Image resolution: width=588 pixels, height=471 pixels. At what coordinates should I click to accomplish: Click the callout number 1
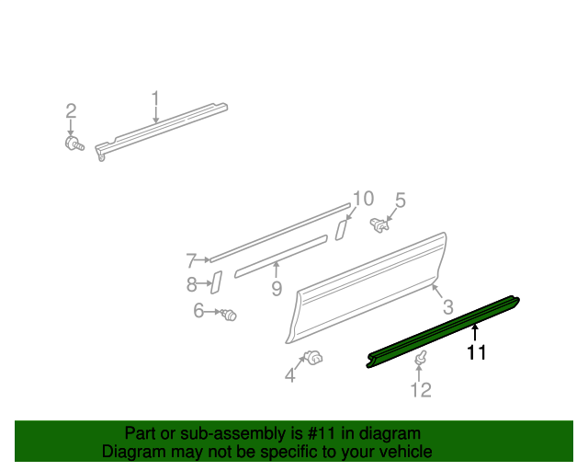[155, 98]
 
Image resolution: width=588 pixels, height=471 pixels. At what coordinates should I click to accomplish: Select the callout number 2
[71, 111]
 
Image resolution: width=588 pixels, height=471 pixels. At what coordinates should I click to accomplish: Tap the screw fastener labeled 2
[73, 144]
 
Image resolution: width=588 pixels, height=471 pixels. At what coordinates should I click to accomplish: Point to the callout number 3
[447, 306]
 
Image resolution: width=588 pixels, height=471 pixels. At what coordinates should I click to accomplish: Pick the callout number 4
[290, 374]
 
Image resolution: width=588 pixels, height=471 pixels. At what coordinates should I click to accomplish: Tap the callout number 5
[400, 200]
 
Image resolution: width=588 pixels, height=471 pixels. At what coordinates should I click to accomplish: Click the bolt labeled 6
[229, 316]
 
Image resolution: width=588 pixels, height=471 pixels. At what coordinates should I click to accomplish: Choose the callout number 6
[198, 312]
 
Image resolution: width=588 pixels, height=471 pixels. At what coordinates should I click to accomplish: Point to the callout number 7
[191, 259]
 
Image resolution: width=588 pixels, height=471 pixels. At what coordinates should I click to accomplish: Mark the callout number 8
[192, 284]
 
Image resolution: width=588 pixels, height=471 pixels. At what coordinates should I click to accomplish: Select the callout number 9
[276, 290]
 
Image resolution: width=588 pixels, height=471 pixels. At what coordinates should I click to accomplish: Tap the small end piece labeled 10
[340, 228]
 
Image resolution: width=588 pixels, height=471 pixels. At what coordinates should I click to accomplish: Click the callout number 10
[363, 199]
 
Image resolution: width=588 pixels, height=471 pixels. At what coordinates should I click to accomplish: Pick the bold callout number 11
[476, 351]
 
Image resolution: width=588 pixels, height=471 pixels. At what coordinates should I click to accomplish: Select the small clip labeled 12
[422, 358]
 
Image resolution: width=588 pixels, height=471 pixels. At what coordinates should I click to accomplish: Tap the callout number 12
[420, 391]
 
